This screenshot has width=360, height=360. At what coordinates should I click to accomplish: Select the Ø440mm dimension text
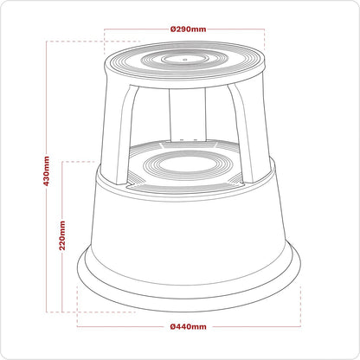[189, 326]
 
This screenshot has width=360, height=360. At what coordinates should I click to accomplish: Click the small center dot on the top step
[185, 61]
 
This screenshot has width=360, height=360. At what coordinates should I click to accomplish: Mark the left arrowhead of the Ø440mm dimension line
[80, 326]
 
